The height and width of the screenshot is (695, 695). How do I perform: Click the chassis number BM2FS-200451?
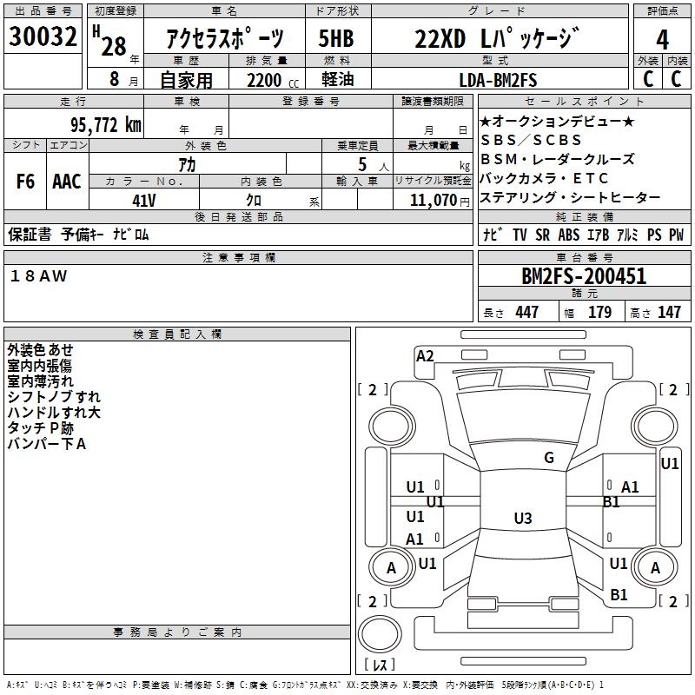click(x=583, y=277)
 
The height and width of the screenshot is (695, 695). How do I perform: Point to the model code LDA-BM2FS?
click(x=498, y=80)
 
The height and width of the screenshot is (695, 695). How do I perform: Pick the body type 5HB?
click(x=336, y=39)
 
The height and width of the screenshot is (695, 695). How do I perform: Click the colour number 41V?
click(x=144, y=199)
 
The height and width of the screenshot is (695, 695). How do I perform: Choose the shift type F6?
click(x=26, y=182)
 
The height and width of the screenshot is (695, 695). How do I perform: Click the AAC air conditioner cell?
click(x=67, y=182)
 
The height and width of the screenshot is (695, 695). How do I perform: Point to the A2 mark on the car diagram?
click(x=425, y=355)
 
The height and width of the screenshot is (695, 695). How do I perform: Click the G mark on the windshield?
click(x=548, y=458)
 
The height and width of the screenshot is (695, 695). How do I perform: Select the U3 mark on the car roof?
click(x=522, y=519)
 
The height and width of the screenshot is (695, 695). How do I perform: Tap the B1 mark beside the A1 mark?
click(x=611, y=502)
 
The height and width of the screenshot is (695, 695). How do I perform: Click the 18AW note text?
click(x=38, y=275)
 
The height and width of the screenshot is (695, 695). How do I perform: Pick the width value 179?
click(x=600, y=313)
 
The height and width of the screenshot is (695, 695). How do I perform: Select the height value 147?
click(x=669, y=313)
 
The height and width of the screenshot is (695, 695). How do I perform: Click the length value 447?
click(x=526, y=313)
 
